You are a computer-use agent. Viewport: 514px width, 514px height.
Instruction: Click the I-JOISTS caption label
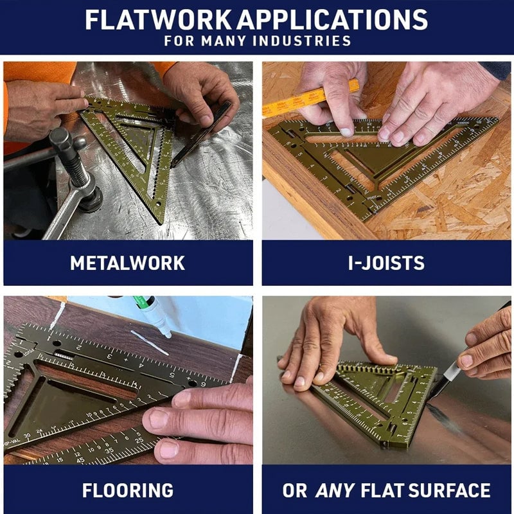point(387,263)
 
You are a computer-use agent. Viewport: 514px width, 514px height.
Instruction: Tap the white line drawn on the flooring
point(149,342)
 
